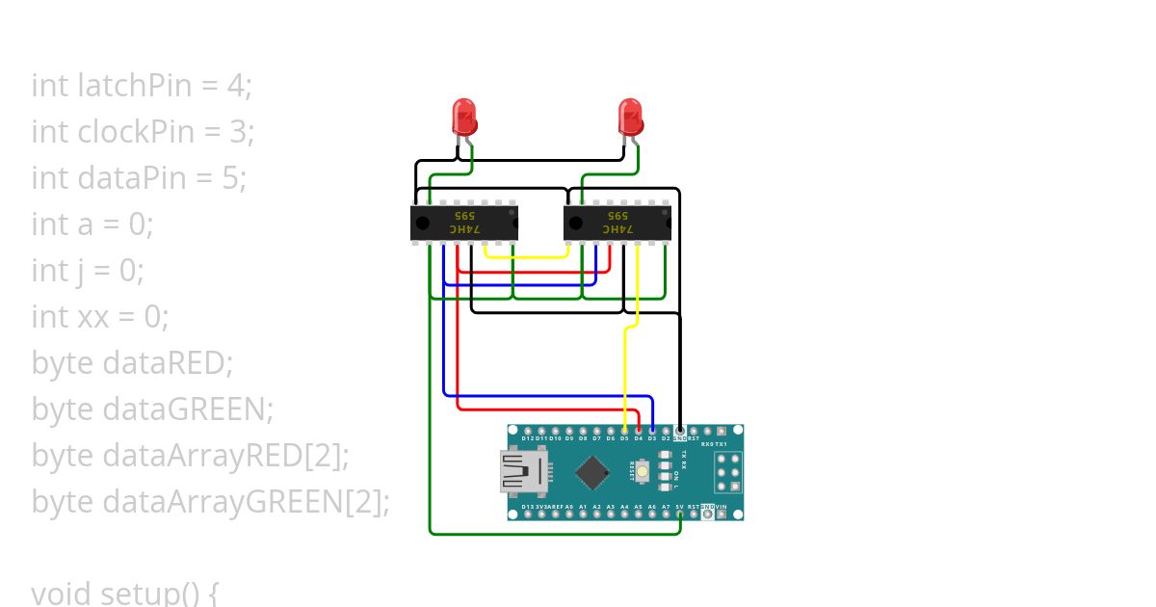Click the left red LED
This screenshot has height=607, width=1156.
[x=464, y=117]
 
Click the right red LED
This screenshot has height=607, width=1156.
[x=630, y=117]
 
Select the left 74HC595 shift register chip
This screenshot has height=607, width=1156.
[x=464, y=224]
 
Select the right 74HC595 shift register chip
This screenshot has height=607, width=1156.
[x=617, y=224]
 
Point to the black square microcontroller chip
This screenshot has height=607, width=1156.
[x=592, y=472]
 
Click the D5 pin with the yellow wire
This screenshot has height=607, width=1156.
[x=625, y=431]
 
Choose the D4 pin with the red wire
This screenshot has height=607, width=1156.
[x=639, y=431]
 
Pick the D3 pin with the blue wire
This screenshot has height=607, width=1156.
[x=652, y=431]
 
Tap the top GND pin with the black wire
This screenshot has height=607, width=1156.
[x=680, y=431]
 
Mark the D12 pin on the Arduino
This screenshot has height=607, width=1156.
[x=528, y=431]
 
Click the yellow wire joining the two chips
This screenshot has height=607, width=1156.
[x=527, y=257]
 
